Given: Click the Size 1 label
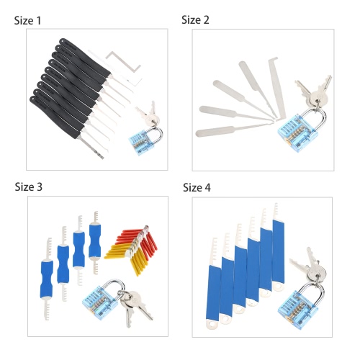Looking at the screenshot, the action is click(x=27, y=20).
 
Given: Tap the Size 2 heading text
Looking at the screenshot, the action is click(x=195, y=19).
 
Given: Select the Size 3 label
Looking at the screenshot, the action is click(x=29, y=186).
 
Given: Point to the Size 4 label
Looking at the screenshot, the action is click(x=197, y=187).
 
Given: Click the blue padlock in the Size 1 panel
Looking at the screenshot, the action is click(x=145, y=140).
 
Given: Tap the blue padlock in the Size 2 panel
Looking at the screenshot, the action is click(x=302, y=130).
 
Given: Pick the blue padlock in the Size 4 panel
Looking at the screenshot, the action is click(x=302, y=305).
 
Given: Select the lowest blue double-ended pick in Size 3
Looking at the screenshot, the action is click(x=47, y=279).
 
